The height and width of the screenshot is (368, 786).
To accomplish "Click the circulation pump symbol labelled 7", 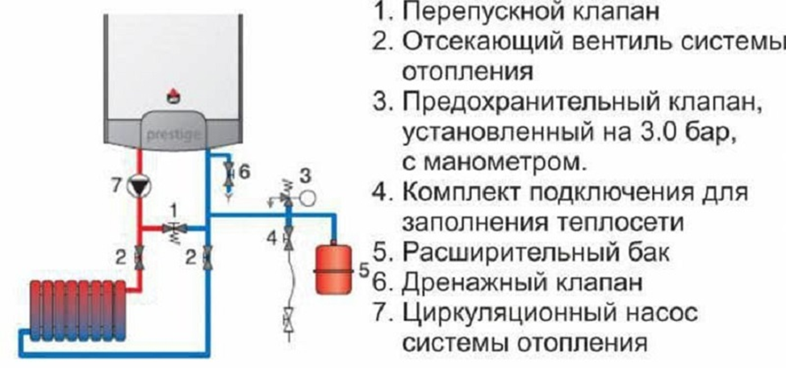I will coord(140,186).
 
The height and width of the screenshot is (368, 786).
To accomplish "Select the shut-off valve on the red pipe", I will coord(140,257).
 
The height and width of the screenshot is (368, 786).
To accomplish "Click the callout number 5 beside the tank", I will coord(363,270).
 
